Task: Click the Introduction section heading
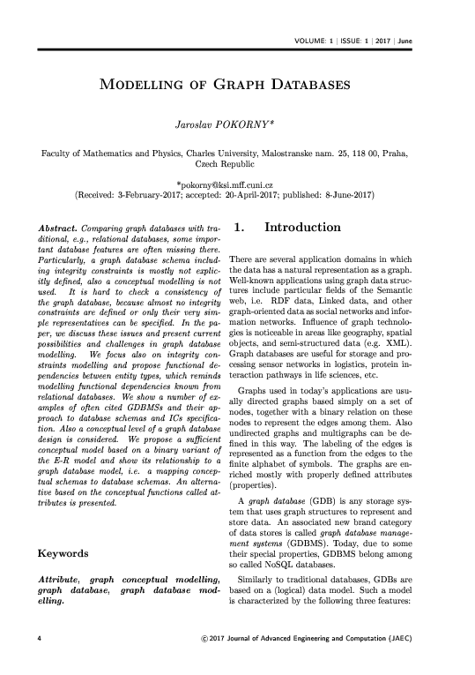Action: (x=303, y=229)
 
